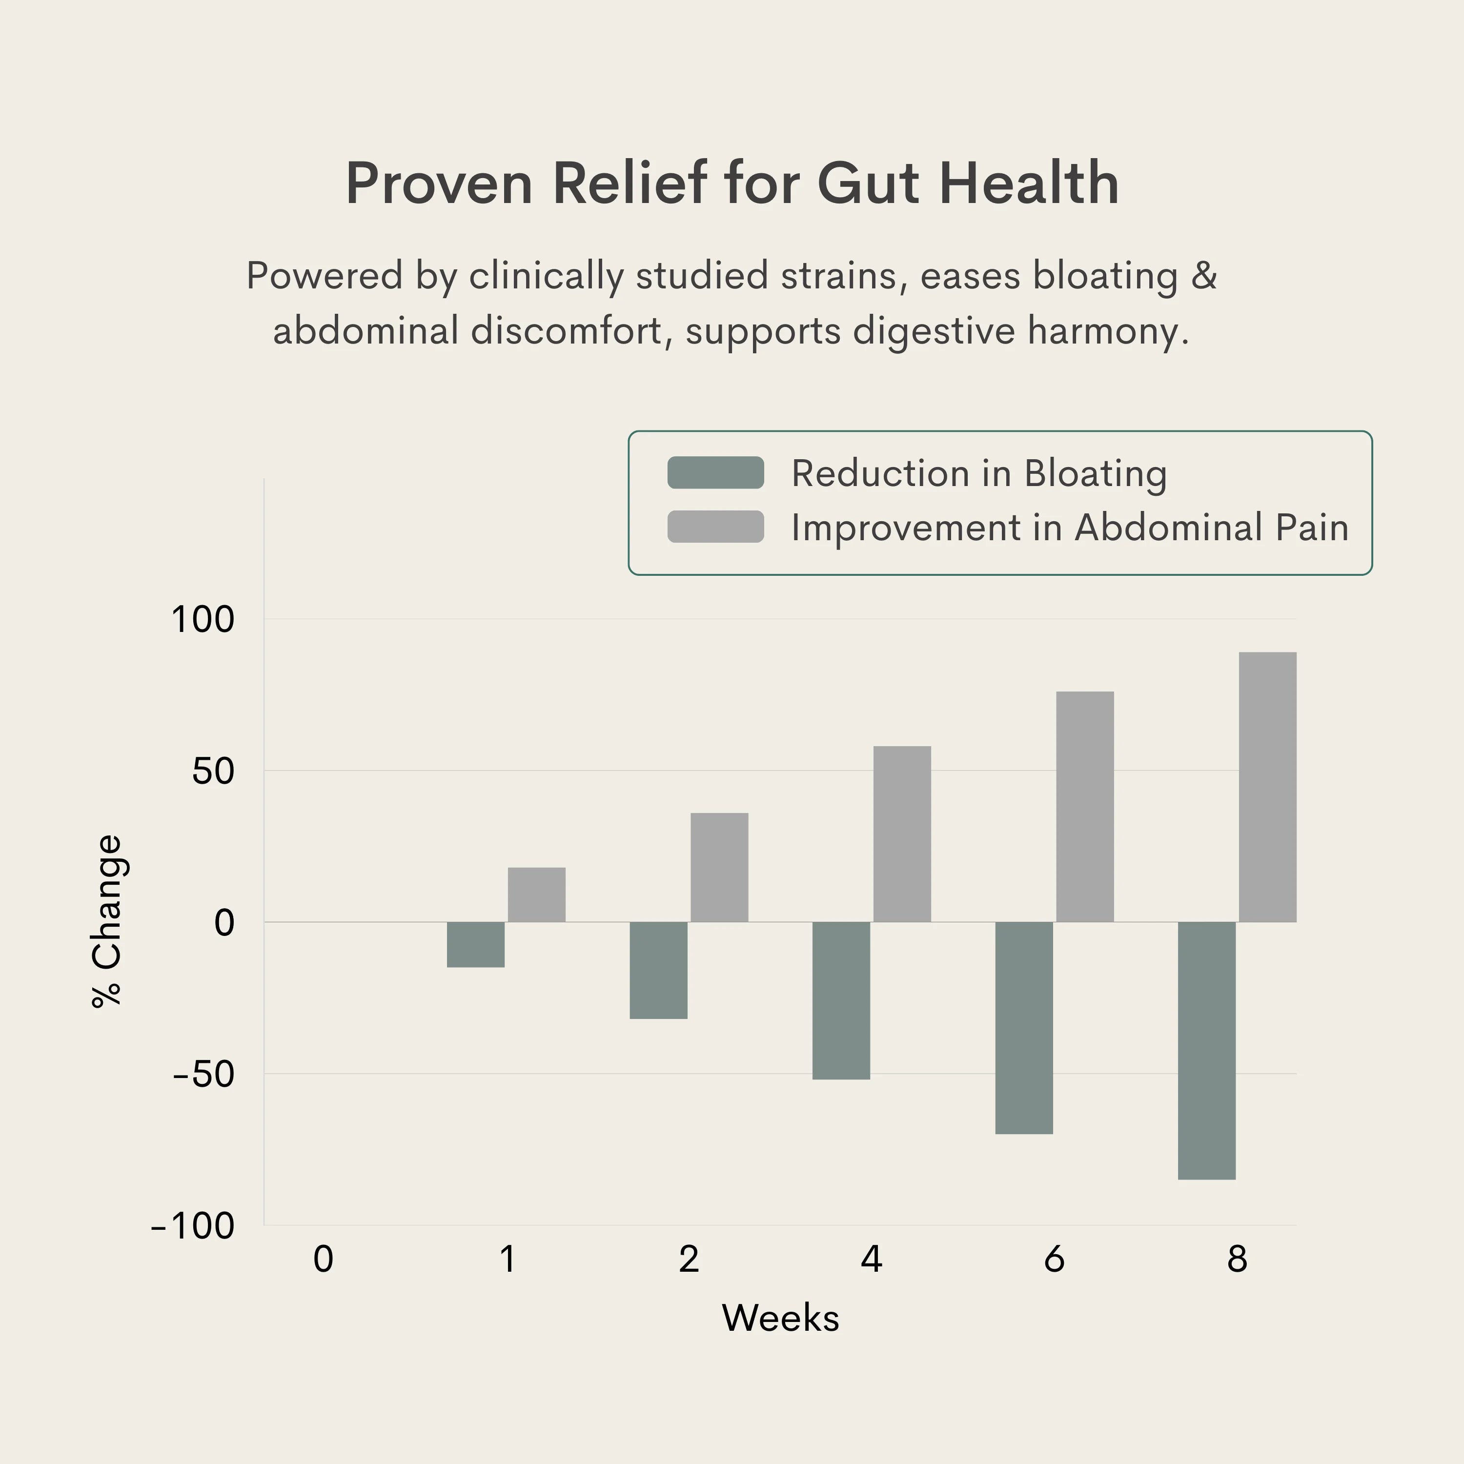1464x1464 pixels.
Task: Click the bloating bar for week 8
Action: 1206,1050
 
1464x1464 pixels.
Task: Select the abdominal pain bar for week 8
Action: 1267,787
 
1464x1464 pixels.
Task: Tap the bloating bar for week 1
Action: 476,944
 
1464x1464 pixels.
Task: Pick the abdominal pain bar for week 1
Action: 536,894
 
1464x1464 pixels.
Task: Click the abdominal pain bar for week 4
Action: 902,834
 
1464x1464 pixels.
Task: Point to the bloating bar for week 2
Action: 658,970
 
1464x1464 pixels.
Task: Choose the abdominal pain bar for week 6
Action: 1084,806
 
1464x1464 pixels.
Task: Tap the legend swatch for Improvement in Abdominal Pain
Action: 715,527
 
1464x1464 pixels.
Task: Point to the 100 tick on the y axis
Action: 203,619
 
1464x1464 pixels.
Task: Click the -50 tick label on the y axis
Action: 203,1074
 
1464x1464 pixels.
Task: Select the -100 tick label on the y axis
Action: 193,1225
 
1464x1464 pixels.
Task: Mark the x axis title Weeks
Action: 780,1318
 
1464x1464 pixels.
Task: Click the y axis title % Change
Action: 107,921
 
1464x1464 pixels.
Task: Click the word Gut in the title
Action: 869,183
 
